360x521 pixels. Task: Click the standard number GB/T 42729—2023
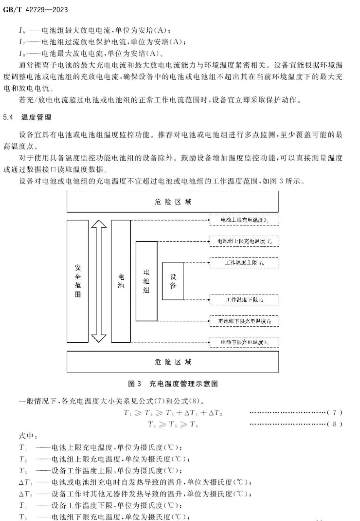pyautogui.click(x=35, y=10)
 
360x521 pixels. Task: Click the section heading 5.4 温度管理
pyautogui.click(x=27, y=117)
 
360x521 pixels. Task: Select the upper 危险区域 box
pyautogui.click(x=172, y=202)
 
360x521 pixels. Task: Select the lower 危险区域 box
pyautogui.click(x=172, y=361)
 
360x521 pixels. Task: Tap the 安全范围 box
pyautogui.click(x=77, y=281)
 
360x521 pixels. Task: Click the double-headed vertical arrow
pyautogui.click(x=99, y=281)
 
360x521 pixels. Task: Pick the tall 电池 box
pyautogui.click(x=121, y=281)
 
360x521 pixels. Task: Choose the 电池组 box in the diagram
pyautogui.click(x=146, y=281)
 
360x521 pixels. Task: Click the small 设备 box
pyautogui.click(x=172, y=281)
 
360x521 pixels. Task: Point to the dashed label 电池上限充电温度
pyautogui.click(x=244, y=220)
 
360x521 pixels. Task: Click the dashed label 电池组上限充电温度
pyautogui.click(x=244, y=241)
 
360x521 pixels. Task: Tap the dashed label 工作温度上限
pyautogui.click(x=244, y=263)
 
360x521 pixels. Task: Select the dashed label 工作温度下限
pyautogui.click(x=244, y=300)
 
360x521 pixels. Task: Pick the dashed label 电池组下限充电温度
pyautogui.click(x=244, y=321)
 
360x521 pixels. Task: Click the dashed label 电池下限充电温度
pyautogui.click(x=244, y=342)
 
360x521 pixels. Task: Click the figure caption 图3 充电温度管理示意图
pyautogui.click(x=173, y=383)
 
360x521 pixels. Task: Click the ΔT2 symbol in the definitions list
pyautogui.click(x=25, y=494)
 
